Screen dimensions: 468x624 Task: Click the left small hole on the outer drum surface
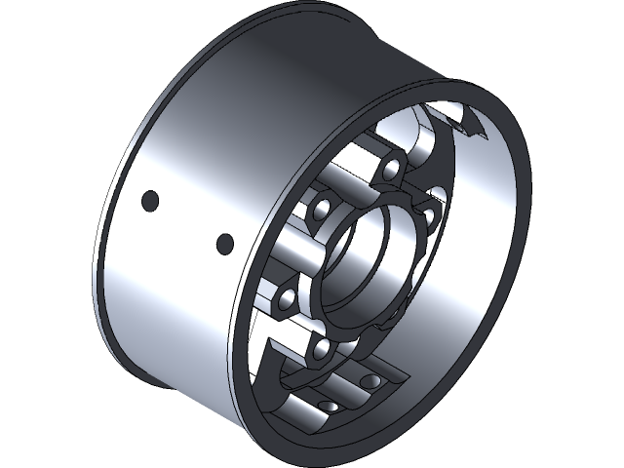[x=150, y=201]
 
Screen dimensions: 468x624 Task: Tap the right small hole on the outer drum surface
[x=224, y=242]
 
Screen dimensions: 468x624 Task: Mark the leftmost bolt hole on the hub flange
[x=284, y=300]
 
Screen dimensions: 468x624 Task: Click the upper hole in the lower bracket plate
[x=368, y=381]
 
